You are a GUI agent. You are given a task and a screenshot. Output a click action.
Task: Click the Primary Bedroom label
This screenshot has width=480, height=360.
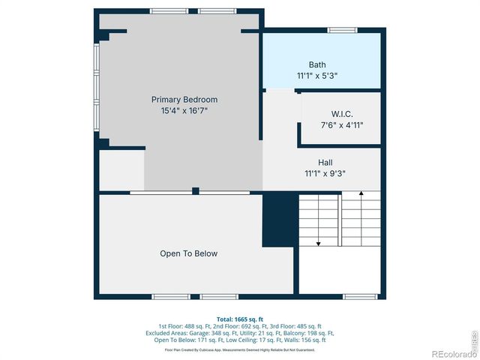(x=184, y=99)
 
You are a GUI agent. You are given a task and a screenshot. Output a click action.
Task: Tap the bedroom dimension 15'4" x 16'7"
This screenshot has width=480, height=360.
(x=184, y=110)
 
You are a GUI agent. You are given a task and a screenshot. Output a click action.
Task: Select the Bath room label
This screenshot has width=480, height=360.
(x=317, y=64)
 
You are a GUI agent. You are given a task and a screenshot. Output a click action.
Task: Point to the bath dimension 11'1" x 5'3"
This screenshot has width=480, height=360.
(x=317, y=76)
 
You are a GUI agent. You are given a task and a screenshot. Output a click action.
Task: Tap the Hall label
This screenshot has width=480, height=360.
(x=325, y=162)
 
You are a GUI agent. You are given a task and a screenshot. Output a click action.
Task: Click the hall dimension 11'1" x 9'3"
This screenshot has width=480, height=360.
(x=325, y=173)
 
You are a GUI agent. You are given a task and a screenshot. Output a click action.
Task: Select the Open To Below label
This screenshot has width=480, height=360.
(x=189, y=253)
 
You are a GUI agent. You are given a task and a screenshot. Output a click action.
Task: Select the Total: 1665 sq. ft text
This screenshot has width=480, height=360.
(x=240, y=319)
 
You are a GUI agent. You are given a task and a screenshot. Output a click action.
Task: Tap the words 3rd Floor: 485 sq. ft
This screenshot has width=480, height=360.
(x=295, y=326)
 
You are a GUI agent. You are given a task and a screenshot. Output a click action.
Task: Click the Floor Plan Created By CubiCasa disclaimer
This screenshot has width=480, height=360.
(x=240, y=349)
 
